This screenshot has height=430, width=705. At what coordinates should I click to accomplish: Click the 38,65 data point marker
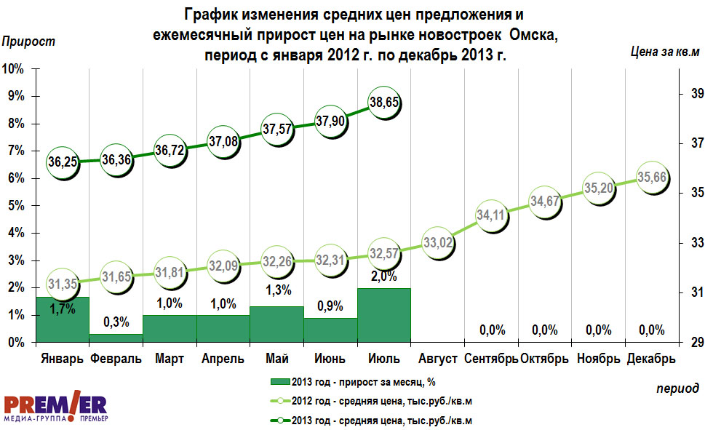coord(384,104)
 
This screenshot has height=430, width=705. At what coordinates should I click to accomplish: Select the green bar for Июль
coord(384,314)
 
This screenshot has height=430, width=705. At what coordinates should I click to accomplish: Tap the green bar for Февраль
coord(116,338)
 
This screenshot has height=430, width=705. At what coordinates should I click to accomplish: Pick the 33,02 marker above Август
coord(438,244)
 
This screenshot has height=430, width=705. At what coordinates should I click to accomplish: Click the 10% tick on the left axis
coord(14,69)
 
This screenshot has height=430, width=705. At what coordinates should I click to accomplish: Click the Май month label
coord(276,359)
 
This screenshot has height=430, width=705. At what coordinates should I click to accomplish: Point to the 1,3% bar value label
coord(276,290)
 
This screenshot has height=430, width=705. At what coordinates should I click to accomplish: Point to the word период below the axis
coord(677,388)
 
